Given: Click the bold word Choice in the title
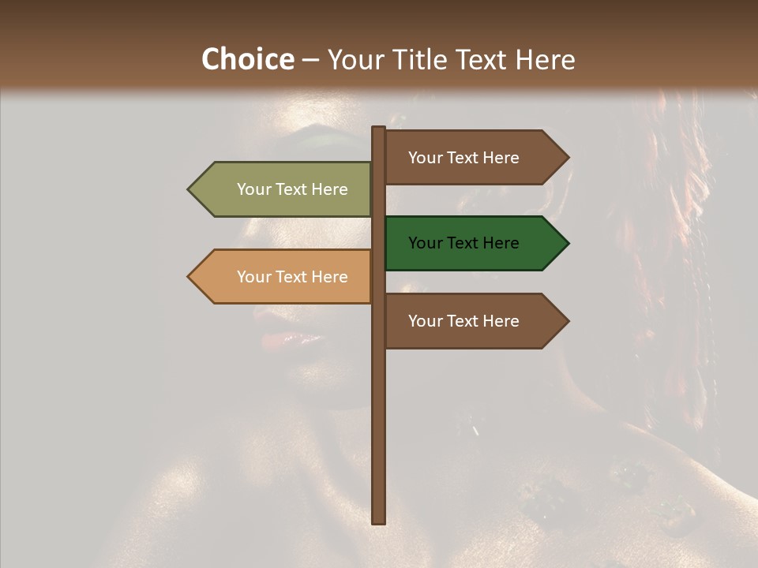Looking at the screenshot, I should click(247, 60).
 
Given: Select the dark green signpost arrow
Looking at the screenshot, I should click(474, 243).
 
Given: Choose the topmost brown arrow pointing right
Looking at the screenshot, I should click(474, 158).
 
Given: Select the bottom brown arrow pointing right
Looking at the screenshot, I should click(474, 321).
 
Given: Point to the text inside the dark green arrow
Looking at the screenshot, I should click(463, 243).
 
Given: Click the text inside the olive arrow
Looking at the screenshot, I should click(292, 189).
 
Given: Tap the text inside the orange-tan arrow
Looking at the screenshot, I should click(292, 277).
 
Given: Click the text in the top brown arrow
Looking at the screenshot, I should click(463, 158).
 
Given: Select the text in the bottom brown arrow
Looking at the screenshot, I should click(463, 321).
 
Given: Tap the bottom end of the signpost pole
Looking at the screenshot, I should click(378, 520).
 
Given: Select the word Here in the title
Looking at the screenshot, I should click(545, 60).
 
